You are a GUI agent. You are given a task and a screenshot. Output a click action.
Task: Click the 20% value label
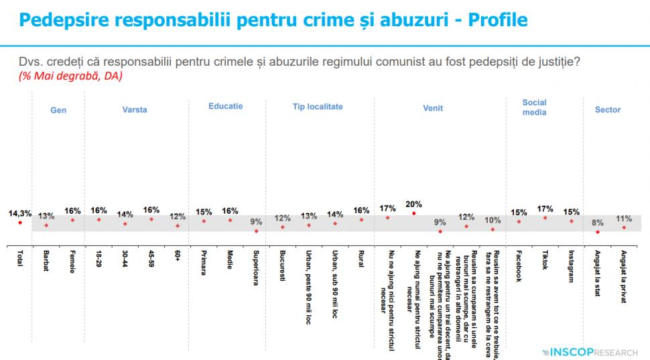tap(413, 204)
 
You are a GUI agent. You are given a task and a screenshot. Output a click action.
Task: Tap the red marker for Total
tap(20, 223)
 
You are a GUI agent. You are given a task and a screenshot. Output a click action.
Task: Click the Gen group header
tap(58, 110)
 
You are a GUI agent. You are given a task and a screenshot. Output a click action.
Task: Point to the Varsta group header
tap(135, 109)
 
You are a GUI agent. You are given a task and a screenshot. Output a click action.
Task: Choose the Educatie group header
tap(225, 106)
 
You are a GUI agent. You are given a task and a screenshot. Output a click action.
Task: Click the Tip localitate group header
tap(318, 107)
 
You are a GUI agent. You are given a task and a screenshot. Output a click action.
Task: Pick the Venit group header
tap(433, 109)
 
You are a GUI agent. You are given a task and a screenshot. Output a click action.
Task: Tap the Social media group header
tap(534, 107)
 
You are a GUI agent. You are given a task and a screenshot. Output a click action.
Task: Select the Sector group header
tap(608, 110)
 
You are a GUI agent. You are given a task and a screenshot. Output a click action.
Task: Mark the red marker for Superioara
tap(256, 231)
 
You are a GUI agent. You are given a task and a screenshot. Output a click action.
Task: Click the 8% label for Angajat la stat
tap(597, 223)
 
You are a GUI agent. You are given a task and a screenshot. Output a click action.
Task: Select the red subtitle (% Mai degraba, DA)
tap(65, 76)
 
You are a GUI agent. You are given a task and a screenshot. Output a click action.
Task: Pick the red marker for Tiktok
tap(545, 218)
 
